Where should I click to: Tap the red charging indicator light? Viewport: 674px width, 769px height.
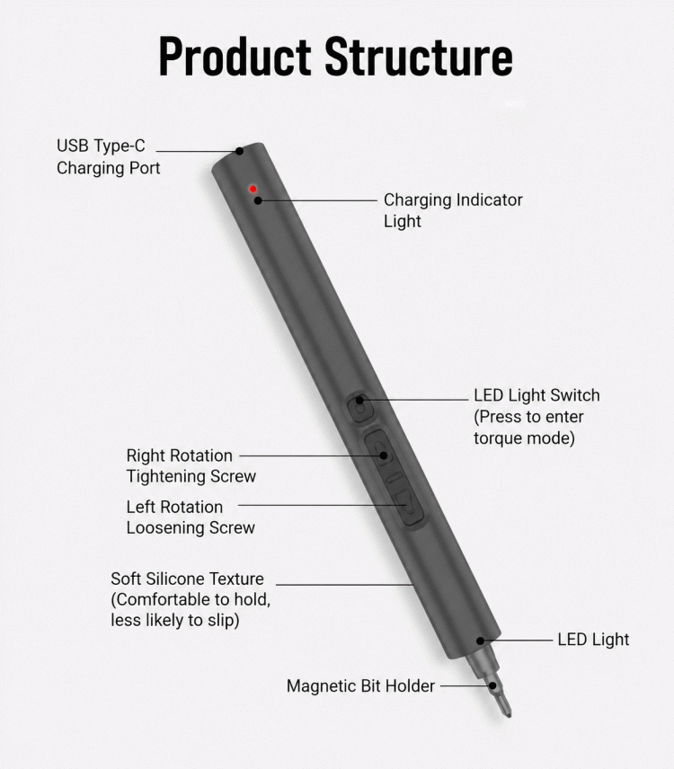point(253,189)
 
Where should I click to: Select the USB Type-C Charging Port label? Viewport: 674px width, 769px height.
point(109,156)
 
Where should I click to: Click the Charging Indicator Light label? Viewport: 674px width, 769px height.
point(453,210)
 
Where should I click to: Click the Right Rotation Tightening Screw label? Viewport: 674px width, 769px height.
point(191,465)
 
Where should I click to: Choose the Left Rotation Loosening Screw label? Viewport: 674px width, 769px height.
point(191,517)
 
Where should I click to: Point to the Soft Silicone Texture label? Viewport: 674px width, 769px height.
point(191,599)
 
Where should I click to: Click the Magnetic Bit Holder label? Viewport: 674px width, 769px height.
point(360,685)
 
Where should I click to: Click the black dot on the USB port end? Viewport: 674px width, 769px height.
point(239,151)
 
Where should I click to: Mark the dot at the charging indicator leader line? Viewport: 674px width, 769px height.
point(258,200)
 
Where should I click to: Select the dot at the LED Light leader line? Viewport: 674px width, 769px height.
point(481,641)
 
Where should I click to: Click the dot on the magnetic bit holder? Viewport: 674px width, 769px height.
point(492,685)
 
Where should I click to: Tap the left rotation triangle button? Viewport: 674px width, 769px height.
point(408,506)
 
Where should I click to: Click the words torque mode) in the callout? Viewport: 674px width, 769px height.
point(524,438)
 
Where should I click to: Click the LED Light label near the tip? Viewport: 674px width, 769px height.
point(593,640)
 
